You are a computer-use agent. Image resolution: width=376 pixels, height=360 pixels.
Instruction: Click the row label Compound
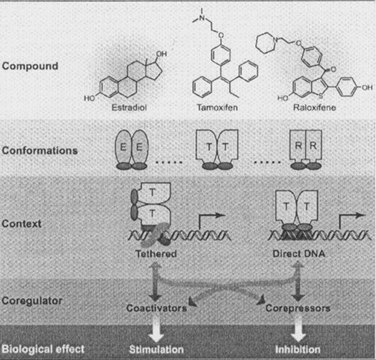(29, 65)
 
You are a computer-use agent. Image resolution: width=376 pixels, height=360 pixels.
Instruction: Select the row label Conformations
(39, 150)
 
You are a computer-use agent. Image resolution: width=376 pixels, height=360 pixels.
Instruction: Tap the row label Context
(21, 224)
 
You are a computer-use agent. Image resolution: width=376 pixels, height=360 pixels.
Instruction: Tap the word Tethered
(156, 254)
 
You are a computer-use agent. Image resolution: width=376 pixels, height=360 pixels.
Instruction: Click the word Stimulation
(156, 349)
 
